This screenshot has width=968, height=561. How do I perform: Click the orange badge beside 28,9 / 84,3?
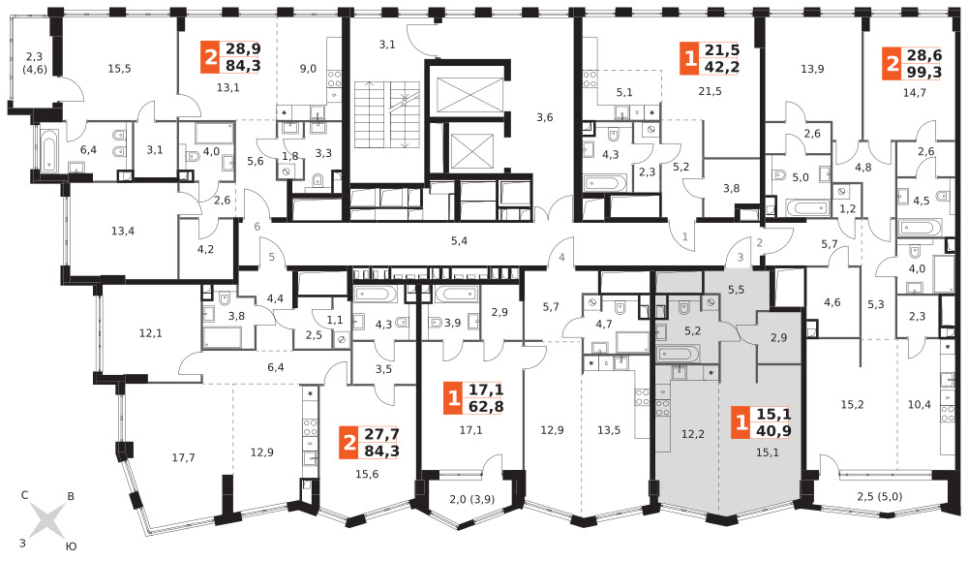coord(210,57)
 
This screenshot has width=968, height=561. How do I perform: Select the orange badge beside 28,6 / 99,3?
coord(892,64)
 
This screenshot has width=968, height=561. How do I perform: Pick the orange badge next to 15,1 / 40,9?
coord(741,422)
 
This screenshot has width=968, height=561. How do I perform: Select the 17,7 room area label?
coord(183,458)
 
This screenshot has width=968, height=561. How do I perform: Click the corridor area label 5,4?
coord(459,241)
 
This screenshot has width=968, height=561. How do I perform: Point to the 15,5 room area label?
coord(119,69)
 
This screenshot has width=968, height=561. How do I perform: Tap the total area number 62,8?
coord(486,407)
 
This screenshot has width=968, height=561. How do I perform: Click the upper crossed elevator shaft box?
coord(469,95)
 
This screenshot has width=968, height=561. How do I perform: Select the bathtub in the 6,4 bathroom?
coord(48,149)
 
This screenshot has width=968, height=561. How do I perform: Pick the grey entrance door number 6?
coord(257,227)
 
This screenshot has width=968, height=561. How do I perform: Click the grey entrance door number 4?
coord(561,258)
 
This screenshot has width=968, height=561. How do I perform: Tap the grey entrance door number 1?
coord(684,236)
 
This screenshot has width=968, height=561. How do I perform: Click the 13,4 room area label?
coord(123,231)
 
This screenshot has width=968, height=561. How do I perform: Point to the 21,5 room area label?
coord(710,91)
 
